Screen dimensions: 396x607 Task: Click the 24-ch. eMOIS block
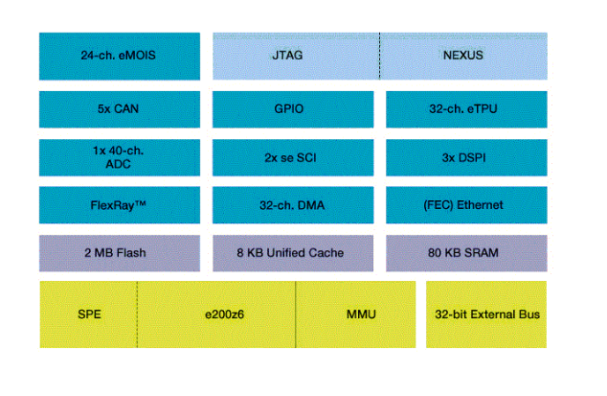coord(119,56)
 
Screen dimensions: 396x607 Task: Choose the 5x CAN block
coord(119,108)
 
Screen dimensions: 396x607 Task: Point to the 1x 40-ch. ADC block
coord(119,157)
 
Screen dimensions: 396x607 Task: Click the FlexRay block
coord(119,205)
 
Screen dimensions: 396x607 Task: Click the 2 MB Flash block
coord(119,253)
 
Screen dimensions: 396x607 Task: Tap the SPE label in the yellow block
coord(89,314)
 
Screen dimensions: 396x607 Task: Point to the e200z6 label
coord(216,314)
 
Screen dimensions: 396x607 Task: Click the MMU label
coord(355,314)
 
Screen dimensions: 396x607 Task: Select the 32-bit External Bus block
coord(486,314)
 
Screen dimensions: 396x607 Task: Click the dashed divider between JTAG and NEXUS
coord(379,56)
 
